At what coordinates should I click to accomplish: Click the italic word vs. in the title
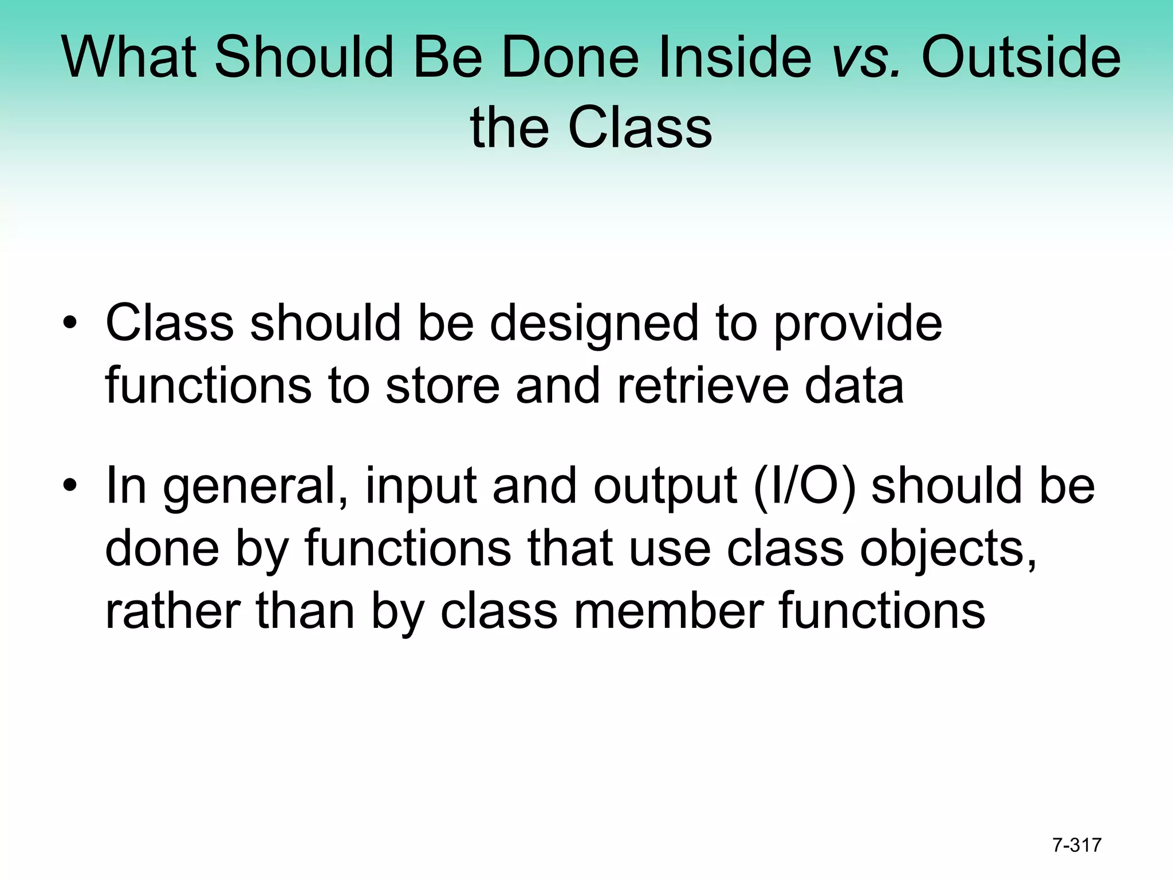(866, 57)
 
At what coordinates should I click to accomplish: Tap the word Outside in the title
(1021, 57)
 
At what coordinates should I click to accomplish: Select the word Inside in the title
(735, 57)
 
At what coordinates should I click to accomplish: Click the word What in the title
(129, 57)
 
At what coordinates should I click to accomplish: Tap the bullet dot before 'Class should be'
(70, 324)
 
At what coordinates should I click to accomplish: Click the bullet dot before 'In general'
(70, 486)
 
